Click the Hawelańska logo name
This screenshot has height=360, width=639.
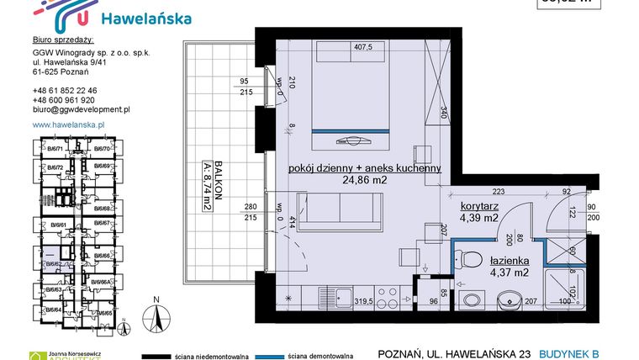tap(145, 19)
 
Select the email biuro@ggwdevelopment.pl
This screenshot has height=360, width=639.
tap(81, 109)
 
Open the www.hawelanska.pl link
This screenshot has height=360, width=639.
tap(67, 124)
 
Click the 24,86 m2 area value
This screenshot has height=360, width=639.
tap(364, 180)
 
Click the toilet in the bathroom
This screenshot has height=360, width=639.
tap(471, 259)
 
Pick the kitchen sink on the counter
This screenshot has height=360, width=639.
tap(342, 296)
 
